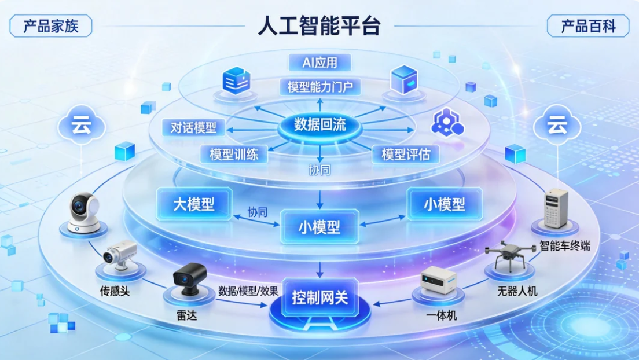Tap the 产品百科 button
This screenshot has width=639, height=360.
[588, 26]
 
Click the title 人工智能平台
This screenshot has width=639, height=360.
[319, 27]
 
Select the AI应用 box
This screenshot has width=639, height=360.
[319, 62]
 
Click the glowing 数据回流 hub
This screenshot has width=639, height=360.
[320, 124]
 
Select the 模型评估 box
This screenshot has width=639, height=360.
[410, 155]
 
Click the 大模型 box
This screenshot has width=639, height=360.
[194, 204]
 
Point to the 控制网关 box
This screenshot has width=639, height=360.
[319, 299]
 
